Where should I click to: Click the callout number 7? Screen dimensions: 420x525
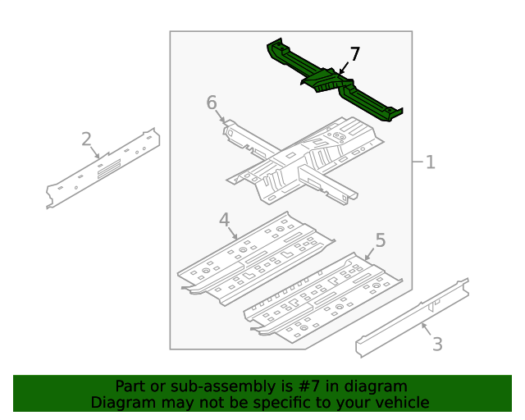pyautogui.click(x=354, y=54)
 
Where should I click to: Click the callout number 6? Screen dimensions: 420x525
pyautogui.click(x=212, y=103)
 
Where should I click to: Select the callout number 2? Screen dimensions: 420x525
pyautogui.click(x=86, y=139)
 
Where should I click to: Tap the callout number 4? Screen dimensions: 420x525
pyautogui.click(x=224, y=219)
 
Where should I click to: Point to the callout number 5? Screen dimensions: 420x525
pyautogui.click(x=380, y=240)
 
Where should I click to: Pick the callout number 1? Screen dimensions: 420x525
pyautogui.click(x=430, y=162)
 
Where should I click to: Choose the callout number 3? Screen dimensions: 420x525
pyautogui.click(x=437, y=344)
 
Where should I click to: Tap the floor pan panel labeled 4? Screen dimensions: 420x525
pyautogui.click(x=254, y=258)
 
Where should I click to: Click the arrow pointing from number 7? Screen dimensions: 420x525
pyautogui.click(x=345, y=68)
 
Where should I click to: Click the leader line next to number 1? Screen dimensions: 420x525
pyautogui.click(x=417, y=162)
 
